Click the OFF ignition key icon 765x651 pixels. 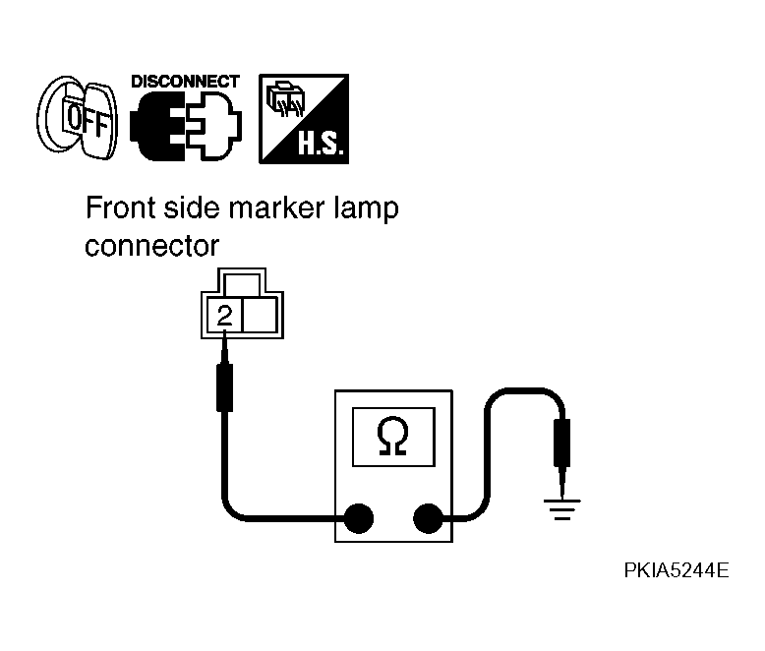point(78,118)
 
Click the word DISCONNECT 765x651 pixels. point(186,81)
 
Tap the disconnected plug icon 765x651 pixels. point(186,126)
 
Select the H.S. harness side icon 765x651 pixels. point(304,119)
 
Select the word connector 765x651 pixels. point(151,246)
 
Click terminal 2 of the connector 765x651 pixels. point(224,317)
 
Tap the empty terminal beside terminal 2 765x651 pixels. point(260,317)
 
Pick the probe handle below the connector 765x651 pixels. point(224,387)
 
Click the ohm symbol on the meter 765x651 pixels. point(392,437)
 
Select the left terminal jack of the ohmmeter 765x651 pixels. point(359,518)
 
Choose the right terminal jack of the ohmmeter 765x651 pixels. point(428,518)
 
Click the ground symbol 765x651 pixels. point(562,509)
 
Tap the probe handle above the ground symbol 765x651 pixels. point(562,443)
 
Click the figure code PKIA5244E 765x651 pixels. point(677,570)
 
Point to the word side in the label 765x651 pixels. point(191,207)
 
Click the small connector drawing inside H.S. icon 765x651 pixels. point(285,99)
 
